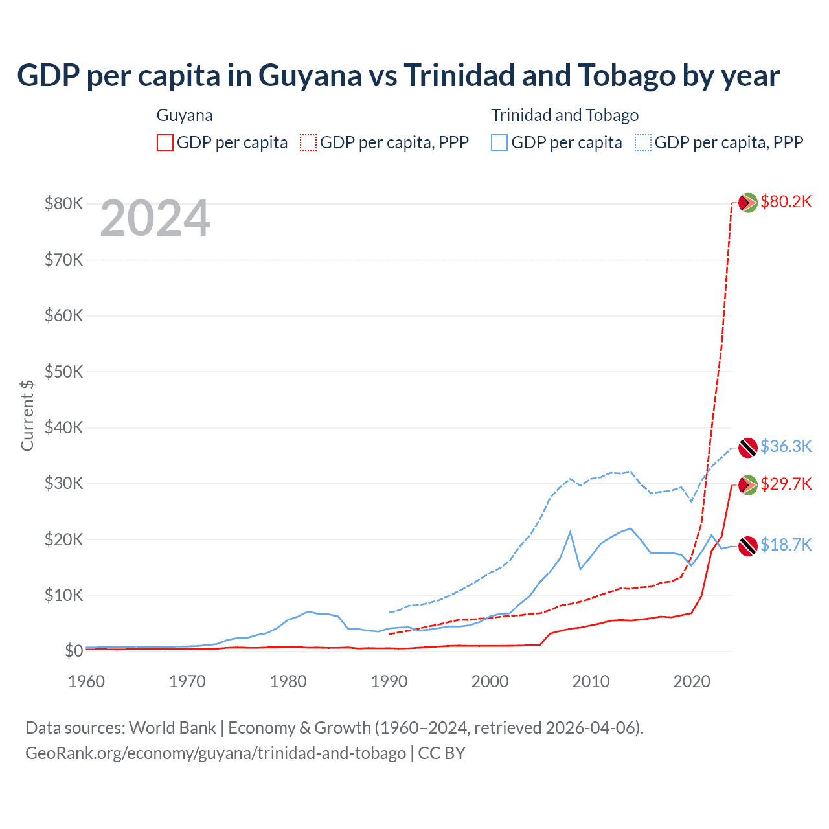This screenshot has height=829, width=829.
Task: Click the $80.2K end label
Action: pos(786,202)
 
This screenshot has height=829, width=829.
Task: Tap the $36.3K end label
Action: pos(786,446)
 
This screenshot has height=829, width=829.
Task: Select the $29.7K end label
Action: pos(786,484)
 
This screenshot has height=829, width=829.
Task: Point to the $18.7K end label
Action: pos(786,545)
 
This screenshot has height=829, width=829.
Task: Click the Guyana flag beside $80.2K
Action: pos(748,203)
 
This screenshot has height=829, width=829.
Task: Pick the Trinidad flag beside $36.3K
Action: pos(748,447)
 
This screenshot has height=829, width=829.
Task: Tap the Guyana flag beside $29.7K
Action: pos(748,484)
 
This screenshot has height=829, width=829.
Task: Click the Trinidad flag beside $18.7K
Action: pos(748,546)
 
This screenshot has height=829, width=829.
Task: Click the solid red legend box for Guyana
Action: pos(165,142)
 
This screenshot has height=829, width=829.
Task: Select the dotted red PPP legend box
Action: pos(308,142)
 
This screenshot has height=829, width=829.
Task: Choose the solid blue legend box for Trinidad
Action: pos(499,142)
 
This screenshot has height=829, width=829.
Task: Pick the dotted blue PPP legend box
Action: pos(643,142)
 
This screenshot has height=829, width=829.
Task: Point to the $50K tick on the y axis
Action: pos(63,372)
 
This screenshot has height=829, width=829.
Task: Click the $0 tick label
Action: pos(74,651)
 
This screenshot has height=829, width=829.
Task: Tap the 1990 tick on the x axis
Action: pos(389,681)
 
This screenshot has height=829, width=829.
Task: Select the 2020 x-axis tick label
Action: pos(692,681)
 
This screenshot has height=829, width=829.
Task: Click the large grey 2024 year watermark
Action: pos(155,218)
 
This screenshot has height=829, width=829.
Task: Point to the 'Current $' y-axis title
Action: pos(27,415)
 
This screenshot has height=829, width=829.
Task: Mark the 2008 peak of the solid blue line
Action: pos(570,532)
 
